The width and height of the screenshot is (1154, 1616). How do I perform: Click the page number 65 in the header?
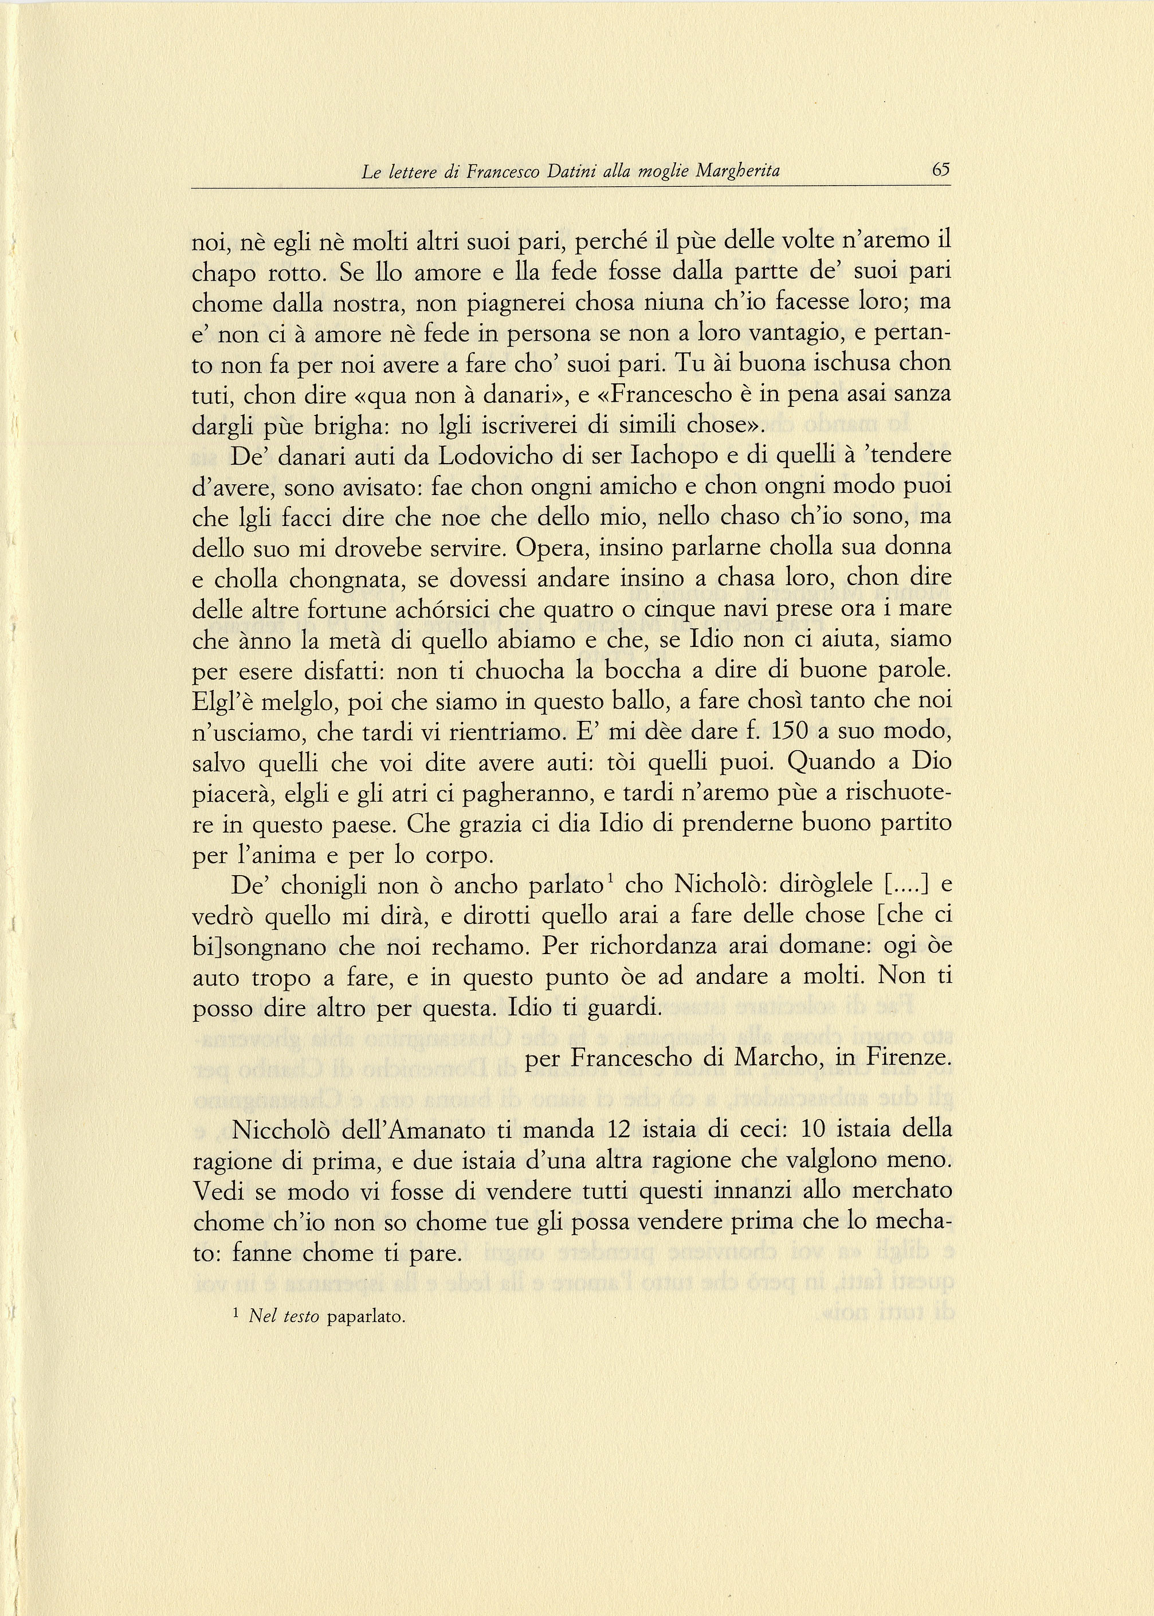pyautogui.click(x=941, y=171)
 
